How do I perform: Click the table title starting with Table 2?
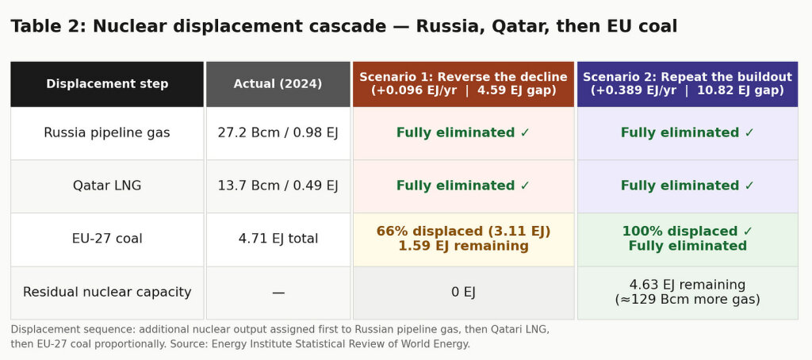pos(344,26)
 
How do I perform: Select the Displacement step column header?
pos(107,84)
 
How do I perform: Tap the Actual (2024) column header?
pos(278,84)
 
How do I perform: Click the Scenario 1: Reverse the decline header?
pos(463,84)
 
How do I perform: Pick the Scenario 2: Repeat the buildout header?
pos(688,84)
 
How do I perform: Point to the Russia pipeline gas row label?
pos(107,133)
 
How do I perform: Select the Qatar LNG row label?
pos(107,186)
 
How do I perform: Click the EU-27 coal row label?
pos(107,239)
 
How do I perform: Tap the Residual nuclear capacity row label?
pos(107,292)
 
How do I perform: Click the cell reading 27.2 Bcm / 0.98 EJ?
pos(278,133)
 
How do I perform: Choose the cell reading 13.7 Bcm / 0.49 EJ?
pos(278,186)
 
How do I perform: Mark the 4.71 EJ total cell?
pos(278,239)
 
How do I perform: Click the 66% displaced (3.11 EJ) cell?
pos(463,239)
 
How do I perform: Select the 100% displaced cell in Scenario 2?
pos(688,239)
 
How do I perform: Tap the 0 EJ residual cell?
pos(463,293)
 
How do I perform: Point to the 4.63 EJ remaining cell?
pos(688,293)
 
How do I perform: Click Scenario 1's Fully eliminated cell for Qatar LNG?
pos(463,186)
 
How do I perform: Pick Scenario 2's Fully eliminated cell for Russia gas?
pos(688,133)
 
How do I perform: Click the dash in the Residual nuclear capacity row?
pos(278,293)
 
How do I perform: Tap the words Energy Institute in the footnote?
pos(247,344)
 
